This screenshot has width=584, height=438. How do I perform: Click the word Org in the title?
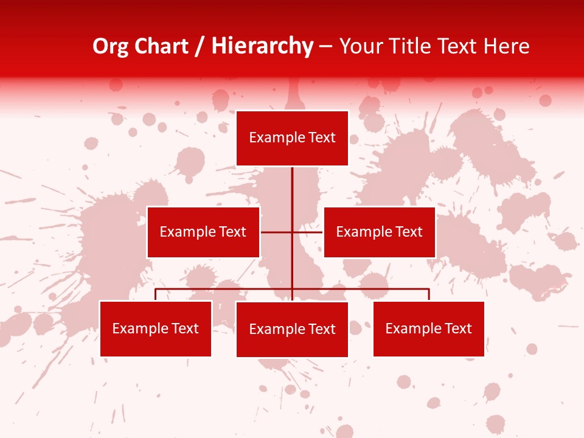pyautogui.click(x=110, y=46)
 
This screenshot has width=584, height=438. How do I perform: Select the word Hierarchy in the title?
pyautogui.click(x=262, y=46)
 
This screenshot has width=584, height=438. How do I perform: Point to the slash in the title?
pyautogui.click(x=200, y=46)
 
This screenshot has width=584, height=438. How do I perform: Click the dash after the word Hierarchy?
pyautogui.click(x=325, y=47)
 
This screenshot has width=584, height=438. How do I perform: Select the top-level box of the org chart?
pyautogui.click(x=292, y=138)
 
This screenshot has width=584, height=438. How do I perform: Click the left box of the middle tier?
pyautogui.click(x=203, y=232)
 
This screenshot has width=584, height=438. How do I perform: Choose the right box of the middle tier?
pyautogui.click(x=379, y=232)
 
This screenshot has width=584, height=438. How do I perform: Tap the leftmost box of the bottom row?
pyautogui.click(x=156, y=328)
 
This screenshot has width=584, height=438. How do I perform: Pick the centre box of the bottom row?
pyautogui.click(x=292, y=329)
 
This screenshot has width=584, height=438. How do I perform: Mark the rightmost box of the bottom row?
pyautogui.click(x=428, y=328)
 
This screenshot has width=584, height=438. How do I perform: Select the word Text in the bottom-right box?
pyautogui.click(x=458, y=328)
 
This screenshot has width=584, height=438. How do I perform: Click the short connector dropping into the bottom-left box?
pyautogui.click(x=156, y=294)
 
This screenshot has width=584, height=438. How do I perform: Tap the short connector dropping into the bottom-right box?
pyautogui.click(x=429, y=294)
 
